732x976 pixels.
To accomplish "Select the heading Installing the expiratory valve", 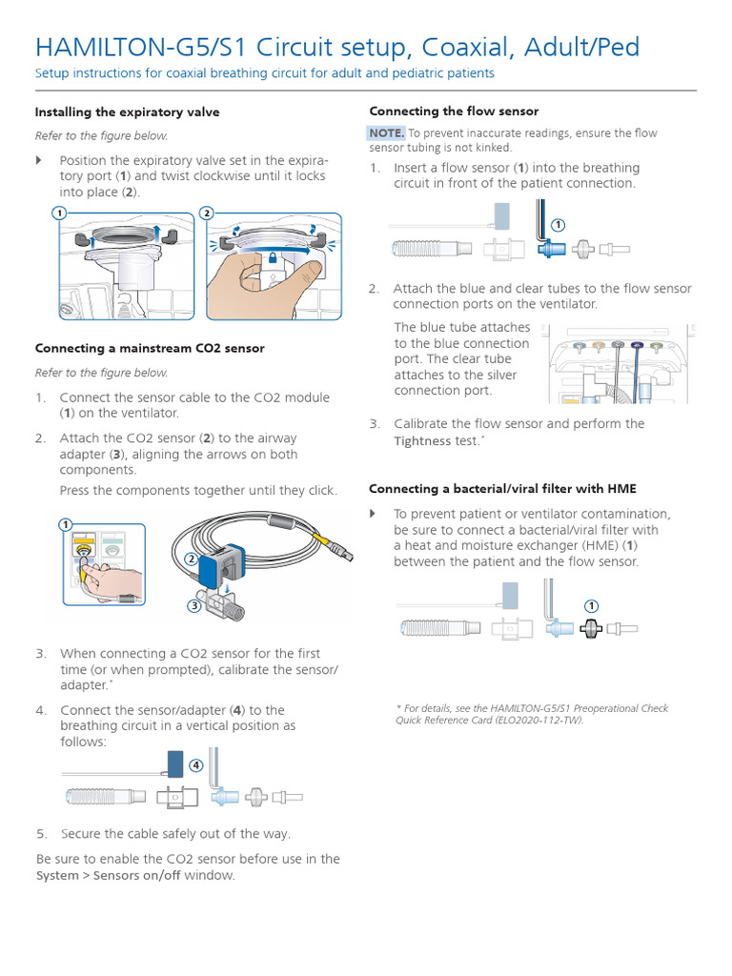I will coord(127,112).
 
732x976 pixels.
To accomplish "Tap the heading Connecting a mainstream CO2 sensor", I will coord(150,348).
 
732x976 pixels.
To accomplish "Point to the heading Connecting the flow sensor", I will coord(454,111).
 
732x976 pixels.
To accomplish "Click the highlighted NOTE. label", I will coord(387,132).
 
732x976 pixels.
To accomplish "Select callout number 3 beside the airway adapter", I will coord(194,605).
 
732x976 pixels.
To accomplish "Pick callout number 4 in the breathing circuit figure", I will coord(195,764).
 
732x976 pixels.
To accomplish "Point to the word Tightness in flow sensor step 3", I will coord(423,441).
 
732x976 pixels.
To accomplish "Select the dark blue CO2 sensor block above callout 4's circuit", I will coord(175,764).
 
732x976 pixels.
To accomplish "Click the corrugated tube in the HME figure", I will coord(434,628).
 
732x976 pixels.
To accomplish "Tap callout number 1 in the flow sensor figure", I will coord(559,225).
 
